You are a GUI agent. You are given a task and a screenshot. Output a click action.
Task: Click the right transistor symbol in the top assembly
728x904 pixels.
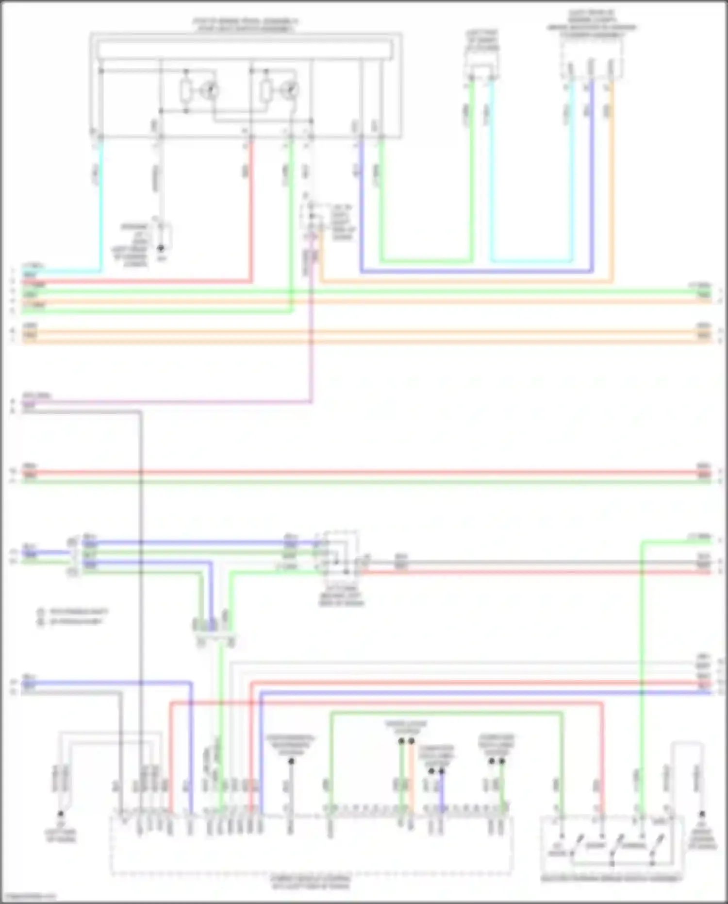tap(291, 90)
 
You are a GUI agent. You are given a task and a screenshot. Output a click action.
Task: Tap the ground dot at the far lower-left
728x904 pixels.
tap(61, 814)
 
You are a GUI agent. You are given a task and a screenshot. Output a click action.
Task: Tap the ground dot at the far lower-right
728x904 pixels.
tap(702, 814)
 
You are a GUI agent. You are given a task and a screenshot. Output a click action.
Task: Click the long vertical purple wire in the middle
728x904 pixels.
tap(312, 340)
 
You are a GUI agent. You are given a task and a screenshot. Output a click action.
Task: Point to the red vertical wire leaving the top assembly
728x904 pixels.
tap(251, 214)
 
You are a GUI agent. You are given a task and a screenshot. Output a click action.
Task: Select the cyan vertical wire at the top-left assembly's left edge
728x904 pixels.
tap(101, 204)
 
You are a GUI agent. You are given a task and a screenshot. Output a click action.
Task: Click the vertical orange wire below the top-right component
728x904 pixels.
tap(612, 185)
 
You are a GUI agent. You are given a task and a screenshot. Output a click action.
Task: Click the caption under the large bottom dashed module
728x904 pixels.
tap(311, 882)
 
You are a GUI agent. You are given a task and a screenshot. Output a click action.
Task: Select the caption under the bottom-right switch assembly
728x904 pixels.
tap(612, 878)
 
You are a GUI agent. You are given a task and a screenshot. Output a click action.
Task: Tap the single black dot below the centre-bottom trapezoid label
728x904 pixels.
tap(291, 761)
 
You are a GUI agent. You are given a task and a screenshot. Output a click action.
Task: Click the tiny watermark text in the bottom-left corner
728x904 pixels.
tap(28, 896)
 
